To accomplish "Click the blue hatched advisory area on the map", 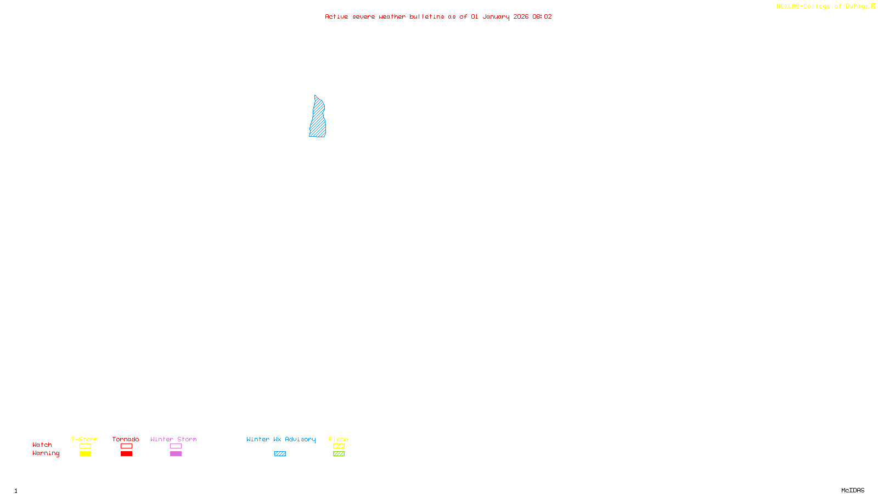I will (318, 120).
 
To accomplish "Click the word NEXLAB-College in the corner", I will (803, 7).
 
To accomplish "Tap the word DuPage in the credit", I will (857, 7).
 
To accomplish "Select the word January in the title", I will (496, 17).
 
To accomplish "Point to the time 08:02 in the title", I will (542, 17).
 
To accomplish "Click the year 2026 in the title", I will (521, 17).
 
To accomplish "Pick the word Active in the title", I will (336, 17).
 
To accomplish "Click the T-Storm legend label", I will (85, 439).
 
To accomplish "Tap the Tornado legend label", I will (126, 439).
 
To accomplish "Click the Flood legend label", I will (339, 439).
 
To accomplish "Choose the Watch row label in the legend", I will (42, 445).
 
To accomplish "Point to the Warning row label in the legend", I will (46, 453).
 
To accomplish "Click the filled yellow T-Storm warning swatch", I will (85, 454).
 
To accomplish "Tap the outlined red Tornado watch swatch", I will (126, 446).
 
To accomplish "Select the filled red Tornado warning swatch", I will (126, 454).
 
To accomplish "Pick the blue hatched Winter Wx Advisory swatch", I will (280, 454).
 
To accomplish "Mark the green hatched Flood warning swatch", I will (339, 454).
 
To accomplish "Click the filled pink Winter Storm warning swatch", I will (176, 454).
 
